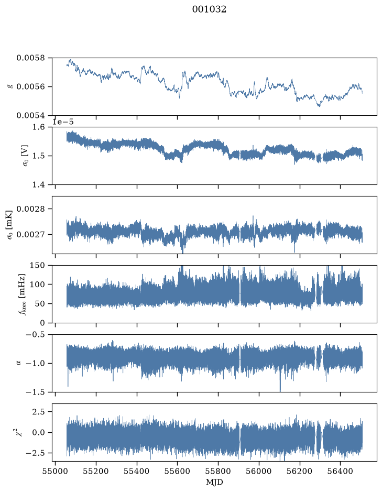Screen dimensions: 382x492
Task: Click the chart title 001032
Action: coord(209,9)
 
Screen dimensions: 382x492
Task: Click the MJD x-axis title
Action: coord(214,482)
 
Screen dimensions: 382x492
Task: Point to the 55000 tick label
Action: coord(55,472)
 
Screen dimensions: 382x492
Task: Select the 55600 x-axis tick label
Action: coord(177,472)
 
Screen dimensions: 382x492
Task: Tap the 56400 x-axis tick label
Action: coord(341,472)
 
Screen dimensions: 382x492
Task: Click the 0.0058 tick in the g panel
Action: coord(31,58)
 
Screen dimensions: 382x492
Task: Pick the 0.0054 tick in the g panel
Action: coord(31,115)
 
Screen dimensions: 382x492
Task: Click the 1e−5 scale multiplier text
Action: coord(63,122)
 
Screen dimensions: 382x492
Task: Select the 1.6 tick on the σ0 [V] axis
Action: coord(39,127)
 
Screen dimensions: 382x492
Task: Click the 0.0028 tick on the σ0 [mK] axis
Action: coord(31,209)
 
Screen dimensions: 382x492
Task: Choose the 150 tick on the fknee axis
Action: coord(37,266)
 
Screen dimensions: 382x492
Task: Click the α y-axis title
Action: coord(19,363)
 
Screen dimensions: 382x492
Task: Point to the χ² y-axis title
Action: coord(19,432)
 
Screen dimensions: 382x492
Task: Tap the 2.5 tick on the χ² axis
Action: coord(39,411)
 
